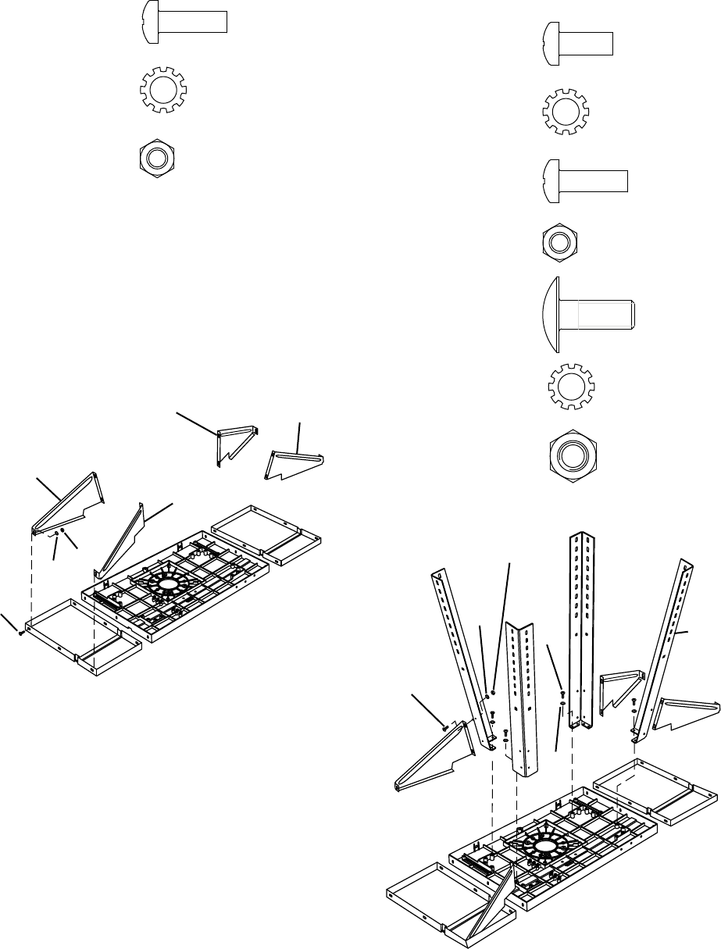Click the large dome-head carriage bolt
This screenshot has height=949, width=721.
[587, 316]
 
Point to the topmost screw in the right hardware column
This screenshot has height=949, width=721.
[576, 42]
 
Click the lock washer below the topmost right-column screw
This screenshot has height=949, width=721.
[568, 111]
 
